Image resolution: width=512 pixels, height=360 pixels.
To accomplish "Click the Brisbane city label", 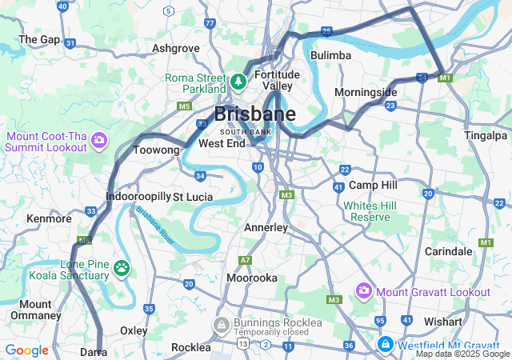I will point(254,114).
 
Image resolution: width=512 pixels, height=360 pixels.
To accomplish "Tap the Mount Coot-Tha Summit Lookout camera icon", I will point(99,142).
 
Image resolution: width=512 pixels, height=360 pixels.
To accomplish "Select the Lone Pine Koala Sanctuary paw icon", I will point(122,266).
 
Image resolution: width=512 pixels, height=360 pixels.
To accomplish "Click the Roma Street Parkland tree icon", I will point(238,81).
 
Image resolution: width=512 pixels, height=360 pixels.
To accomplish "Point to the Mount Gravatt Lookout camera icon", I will point(364,290).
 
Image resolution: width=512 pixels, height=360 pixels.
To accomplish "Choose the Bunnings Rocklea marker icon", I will point(220,324).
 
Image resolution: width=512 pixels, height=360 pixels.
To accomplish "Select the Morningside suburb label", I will point(366,92).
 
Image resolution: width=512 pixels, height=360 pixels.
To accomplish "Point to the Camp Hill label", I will point(373,185).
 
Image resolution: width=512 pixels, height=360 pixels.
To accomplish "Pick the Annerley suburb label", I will point(266,228).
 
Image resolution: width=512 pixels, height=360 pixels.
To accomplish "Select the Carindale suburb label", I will point(448,251).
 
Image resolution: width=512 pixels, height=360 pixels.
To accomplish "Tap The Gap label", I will point(39,38).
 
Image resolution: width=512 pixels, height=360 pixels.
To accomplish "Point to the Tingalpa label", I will point(487,134).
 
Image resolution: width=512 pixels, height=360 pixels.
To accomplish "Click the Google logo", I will point(26,350).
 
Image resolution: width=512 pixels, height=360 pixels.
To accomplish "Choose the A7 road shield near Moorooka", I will point(246,260).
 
